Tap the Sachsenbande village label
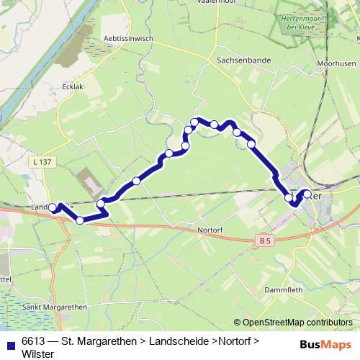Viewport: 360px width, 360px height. pyautogui.click(x=243, y=61)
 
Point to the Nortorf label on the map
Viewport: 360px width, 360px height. pyautogui.click(x=211, y=231)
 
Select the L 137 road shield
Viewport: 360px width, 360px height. pyautogui.click(x=42, y=163)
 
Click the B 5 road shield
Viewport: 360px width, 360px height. pyautogui.click(x=266, y=239)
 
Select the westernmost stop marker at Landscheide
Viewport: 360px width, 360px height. pyautogui.click(x=53, y=208)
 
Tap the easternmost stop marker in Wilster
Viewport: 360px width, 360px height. pyautogui.click(x=307, y=194)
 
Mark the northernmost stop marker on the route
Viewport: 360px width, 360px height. pyautogui.click(x=194, y=121)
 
